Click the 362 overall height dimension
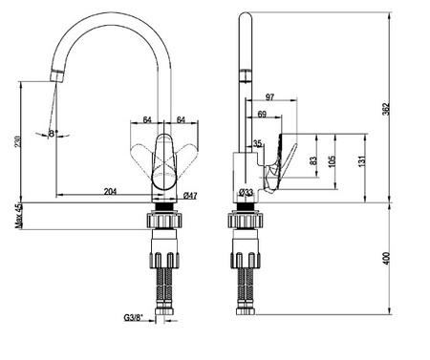click(x=386, y=109)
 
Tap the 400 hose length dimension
click(x=386, y=259)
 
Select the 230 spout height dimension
click(x=18, y=141)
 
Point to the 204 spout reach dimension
click(x=110, y=192)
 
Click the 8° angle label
click(x=53, y=133)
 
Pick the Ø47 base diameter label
click(x=190, y=196)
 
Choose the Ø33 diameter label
click(x=246, y=192)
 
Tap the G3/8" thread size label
click(x=134, y=317)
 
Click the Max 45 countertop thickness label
click(x=19, y=216)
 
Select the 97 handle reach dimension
click(x=269, y=97)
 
